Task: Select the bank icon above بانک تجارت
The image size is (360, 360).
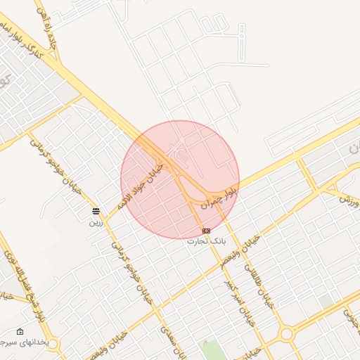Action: coord(206,231)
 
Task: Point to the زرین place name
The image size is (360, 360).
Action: coord(96,221)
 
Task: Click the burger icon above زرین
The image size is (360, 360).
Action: coord(96,212)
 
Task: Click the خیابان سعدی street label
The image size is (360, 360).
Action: coord(171,336)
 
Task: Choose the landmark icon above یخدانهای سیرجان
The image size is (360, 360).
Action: coord(20,331)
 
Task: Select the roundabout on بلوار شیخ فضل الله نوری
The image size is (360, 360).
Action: coord(53,345)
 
